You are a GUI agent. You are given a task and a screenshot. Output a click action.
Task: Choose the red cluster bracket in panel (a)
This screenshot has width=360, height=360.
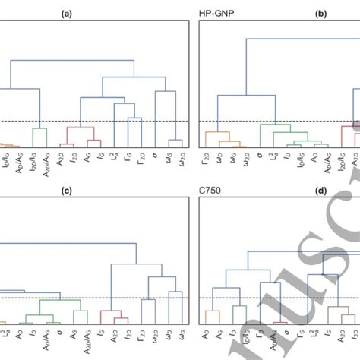pos(81,134)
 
